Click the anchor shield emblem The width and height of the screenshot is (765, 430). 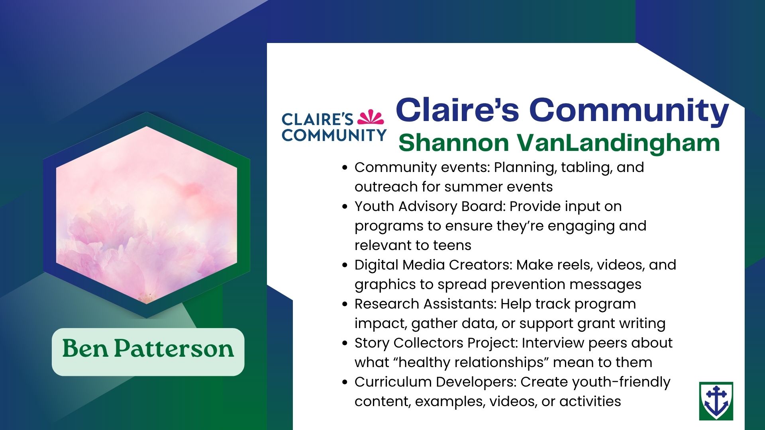[716, 401]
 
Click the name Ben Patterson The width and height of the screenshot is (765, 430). [148, 349]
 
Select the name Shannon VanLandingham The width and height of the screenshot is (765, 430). [559, 143]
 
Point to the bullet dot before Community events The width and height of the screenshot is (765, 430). [345, 168]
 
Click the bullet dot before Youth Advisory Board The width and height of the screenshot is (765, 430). [345, 207]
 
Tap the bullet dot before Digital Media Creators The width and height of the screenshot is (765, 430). [345, 266]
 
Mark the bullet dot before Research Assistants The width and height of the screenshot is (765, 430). [345, 305]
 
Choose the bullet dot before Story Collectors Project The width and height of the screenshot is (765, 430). [345, 344]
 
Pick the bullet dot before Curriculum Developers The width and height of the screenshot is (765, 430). [345, 383]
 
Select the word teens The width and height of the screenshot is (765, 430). [451, 245]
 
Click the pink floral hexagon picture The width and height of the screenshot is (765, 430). [147, 215]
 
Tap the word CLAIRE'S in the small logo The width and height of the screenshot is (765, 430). [317, 119]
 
